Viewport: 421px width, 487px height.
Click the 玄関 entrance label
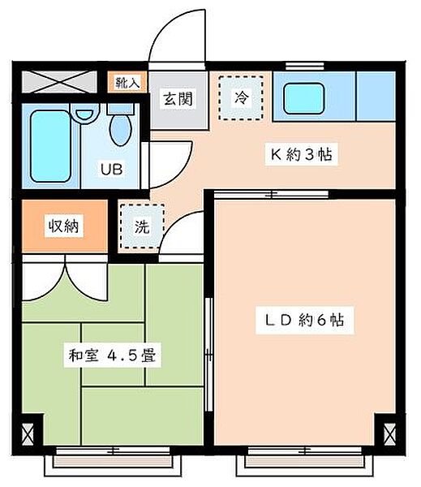tap(178, 98)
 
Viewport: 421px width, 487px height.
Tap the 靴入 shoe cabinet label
tap(127, 82)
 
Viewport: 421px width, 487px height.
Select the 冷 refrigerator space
tap(241, 98)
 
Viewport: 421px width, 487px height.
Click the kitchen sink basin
tap(304, 98)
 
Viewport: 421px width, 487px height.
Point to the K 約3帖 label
tap(302, 154)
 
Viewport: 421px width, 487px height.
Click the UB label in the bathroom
tap(111, 169)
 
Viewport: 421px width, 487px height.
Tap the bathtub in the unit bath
tap(50, 145)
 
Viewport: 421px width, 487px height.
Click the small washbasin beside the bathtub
tap(84, 114)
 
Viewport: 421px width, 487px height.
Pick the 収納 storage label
tap(64, 226)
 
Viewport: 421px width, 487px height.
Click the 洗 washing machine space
tap(142, 226)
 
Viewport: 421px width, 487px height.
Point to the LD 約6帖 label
tap(304, 321)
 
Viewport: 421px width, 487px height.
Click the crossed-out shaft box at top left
tap(59, 82)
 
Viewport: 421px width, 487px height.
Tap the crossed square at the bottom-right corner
tap(389, 435)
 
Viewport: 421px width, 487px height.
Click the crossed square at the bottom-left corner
tap(28, 435)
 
